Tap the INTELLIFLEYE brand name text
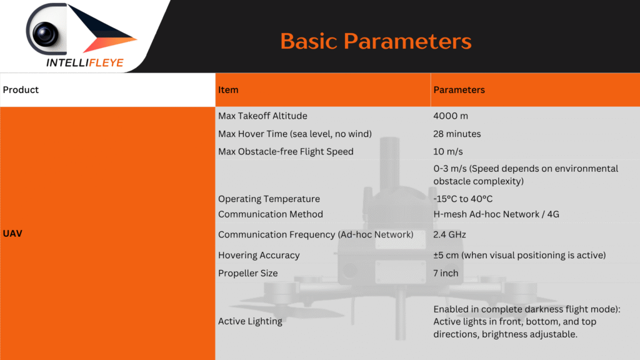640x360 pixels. (84, 62)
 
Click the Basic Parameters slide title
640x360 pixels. (376, 41)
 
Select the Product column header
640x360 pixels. (21, 90)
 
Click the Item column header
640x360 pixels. (228, 90)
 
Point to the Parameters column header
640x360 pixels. (459, 90)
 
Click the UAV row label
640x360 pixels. (12, 234)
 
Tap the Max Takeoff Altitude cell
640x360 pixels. (262, 116)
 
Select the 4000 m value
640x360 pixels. (451, 116)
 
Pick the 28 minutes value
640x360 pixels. (457, 134)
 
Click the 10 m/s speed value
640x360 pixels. (448, 151)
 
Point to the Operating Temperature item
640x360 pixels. (269, 199)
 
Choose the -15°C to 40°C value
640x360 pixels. (463, 199)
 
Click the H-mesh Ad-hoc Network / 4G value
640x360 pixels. (496, 214)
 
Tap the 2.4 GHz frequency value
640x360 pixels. (450, 235)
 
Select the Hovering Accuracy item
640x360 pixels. (259, 255)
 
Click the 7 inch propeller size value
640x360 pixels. (446, 273)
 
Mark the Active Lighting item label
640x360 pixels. (250, 321)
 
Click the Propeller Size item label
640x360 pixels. (247, 273)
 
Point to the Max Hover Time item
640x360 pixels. (295, 134)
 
